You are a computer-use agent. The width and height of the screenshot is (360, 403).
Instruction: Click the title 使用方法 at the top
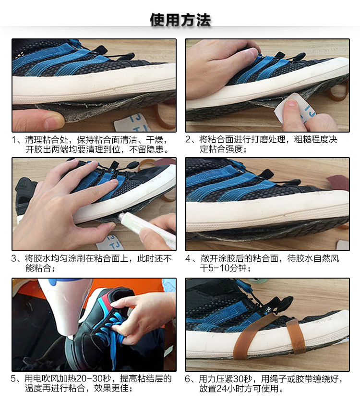click(180, 20)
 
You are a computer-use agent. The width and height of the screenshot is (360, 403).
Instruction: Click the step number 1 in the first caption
click(14, 140)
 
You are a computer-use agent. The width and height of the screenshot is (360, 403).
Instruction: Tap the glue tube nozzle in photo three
click(120, 217)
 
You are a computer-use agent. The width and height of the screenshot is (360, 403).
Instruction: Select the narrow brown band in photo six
click(295, 337)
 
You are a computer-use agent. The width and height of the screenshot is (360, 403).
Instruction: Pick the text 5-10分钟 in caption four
click(227, 268)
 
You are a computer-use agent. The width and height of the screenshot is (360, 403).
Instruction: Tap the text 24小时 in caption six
click(228, 389)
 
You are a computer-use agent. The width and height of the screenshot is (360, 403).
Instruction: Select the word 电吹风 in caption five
click(46, 379)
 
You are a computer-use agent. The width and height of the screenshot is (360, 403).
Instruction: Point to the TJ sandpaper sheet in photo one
click(132, 122)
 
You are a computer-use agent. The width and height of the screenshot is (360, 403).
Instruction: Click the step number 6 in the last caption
click(188, 379)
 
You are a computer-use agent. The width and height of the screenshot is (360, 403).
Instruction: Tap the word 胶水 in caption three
click(42, 258)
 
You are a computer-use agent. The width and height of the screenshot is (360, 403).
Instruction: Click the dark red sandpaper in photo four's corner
click(339, 182)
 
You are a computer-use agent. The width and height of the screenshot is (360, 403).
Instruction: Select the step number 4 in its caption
click(188, 258)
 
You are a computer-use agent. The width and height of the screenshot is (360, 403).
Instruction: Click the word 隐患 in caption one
click(155, 149)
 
